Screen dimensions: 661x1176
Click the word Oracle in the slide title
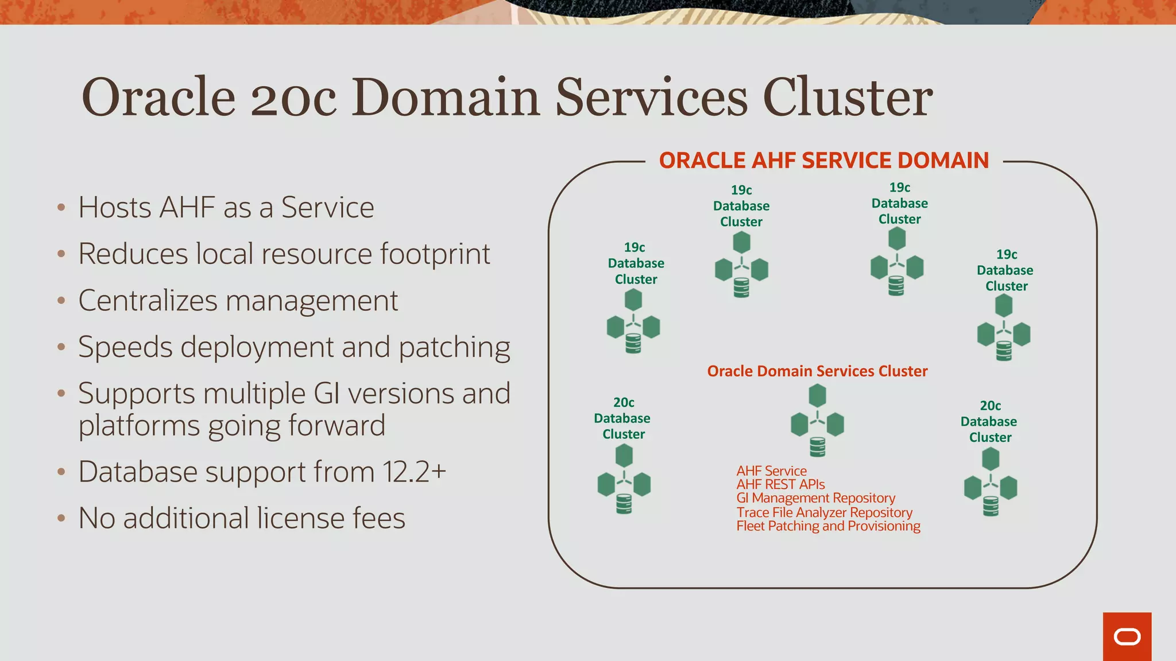coord(158,97)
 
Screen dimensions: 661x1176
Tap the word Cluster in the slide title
coord(847,97)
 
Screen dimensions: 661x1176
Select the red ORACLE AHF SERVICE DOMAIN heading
coord(823,161)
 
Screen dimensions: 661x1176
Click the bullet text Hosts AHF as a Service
coord(226,207)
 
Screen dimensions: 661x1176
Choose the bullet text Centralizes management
coord(238,301)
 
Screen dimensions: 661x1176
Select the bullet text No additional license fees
coord(242,518)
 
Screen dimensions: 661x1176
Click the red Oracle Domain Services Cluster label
coord(817,371)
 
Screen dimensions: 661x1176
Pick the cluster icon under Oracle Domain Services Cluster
coord(817,421)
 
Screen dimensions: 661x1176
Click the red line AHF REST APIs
coord(780,484)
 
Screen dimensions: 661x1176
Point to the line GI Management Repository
coord(815,498)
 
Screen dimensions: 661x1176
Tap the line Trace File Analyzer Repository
coord(824,512)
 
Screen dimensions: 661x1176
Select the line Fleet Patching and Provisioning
coord(828,526)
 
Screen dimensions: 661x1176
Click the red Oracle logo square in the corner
coord(1127,636)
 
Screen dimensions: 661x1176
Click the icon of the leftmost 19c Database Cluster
coord(633,321)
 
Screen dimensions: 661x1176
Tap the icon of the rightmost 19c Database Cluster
coord(1004,328)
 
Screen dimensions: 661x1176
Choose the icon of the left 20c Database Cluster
coord(624,480)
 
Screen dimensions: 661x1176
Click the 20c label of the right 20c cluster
coord(990,406)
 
